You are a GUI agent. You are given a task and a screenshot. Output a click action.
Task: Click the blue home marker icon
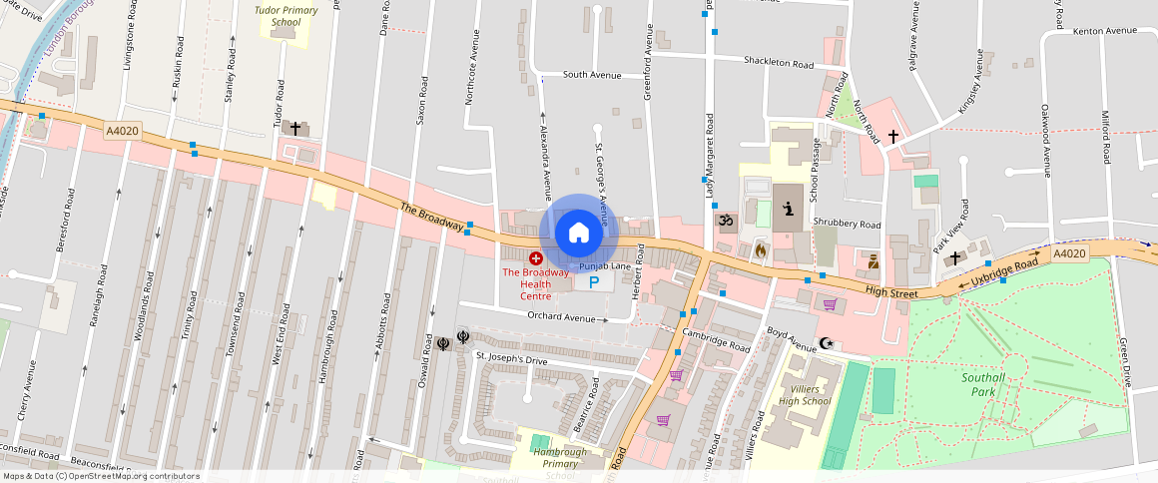pos(579,233)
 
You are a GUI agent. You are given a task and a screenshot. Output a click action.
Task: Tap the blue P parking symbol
pos(594,282)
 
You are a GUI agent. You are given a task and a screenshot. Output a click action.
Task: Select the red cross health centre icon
pos(536,258)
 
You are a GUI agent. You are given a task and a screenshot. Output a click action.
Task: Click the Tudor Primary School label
pos(286,15)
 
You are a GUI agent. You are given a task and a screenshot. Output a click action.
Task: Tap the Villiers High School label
pos(805,395)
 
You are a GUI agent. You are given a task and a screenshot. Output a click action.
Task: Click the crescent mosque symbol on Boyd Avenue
pos(826,344)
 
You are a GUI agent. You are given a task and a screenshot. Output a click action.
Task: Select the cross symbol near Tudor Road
pos(295,129)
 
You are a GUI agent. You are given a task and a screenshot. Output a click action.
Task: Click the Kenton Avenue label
pos(1105,31)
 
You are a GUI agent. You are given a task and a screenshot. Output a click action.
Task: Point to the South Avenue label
pos(592,75)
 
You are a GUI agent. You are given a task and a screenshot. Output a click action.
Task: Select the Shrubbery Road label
pos(847,225)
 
